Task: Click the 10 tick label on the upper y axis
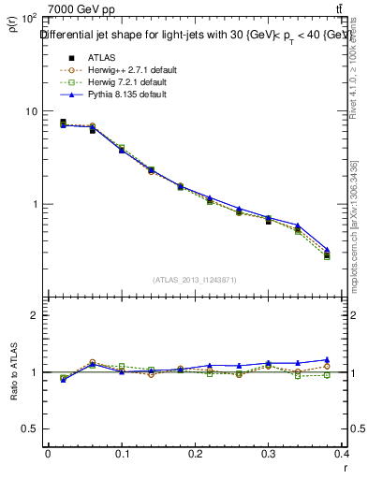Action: tap(31, 111)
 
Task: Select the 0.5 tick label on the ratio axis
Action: tap(30, 428)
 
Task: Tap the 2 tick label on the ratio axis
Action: tap(35, 316)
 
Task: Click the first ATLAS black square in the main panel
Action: tap(63, 123)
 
